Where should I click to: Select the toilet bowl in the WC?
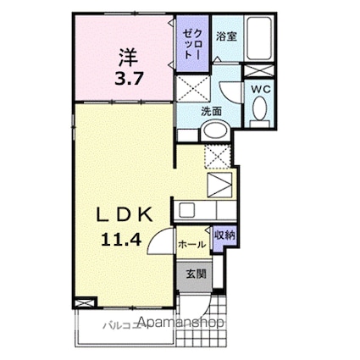(259, 108)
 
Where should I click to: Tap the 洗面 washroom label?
(212, 111)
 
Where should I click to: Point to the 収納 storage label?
(224, 236)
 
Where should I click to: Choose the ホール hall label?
(191, 244)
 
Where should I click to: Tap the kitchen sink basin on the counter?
(187, 208)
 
